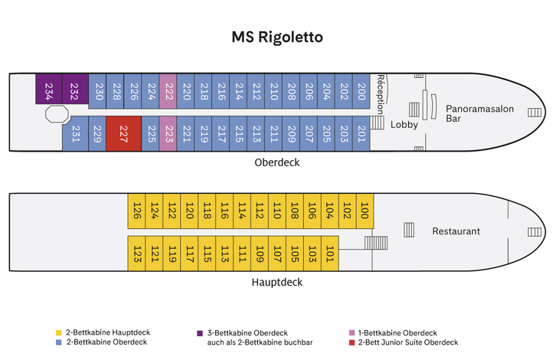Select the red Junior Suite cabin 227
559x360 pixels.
coord(123,134)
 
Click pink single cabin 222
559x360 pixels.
coord(169,91)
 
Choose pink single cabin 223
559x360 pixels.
coord(169,134)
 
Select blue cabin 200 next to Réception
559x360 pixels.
coord(362,91)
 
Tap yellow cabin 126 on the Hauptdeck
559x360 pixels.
coord(136,211)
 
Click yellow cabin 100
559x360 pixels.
coord(364,211)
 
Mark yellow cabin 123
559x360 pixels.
coord(136,254)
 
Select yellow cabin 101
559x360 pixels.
coord(330,254)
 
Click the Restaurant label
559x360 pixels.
coord(456,231)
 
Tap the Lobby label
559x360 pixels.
coord(404,124)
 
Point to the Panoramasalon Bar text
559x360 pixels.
coord(479,113)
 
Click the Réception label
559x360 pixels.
coord(380,93)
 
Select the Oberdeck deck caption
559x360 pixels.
coord(276,162)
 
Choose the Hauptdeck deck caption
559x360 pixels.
coord(276,282)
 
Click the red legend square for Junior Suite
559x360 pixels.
coord(351,342)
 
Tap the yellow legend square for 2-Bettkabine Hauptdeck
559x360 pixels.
coord(58,332)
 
